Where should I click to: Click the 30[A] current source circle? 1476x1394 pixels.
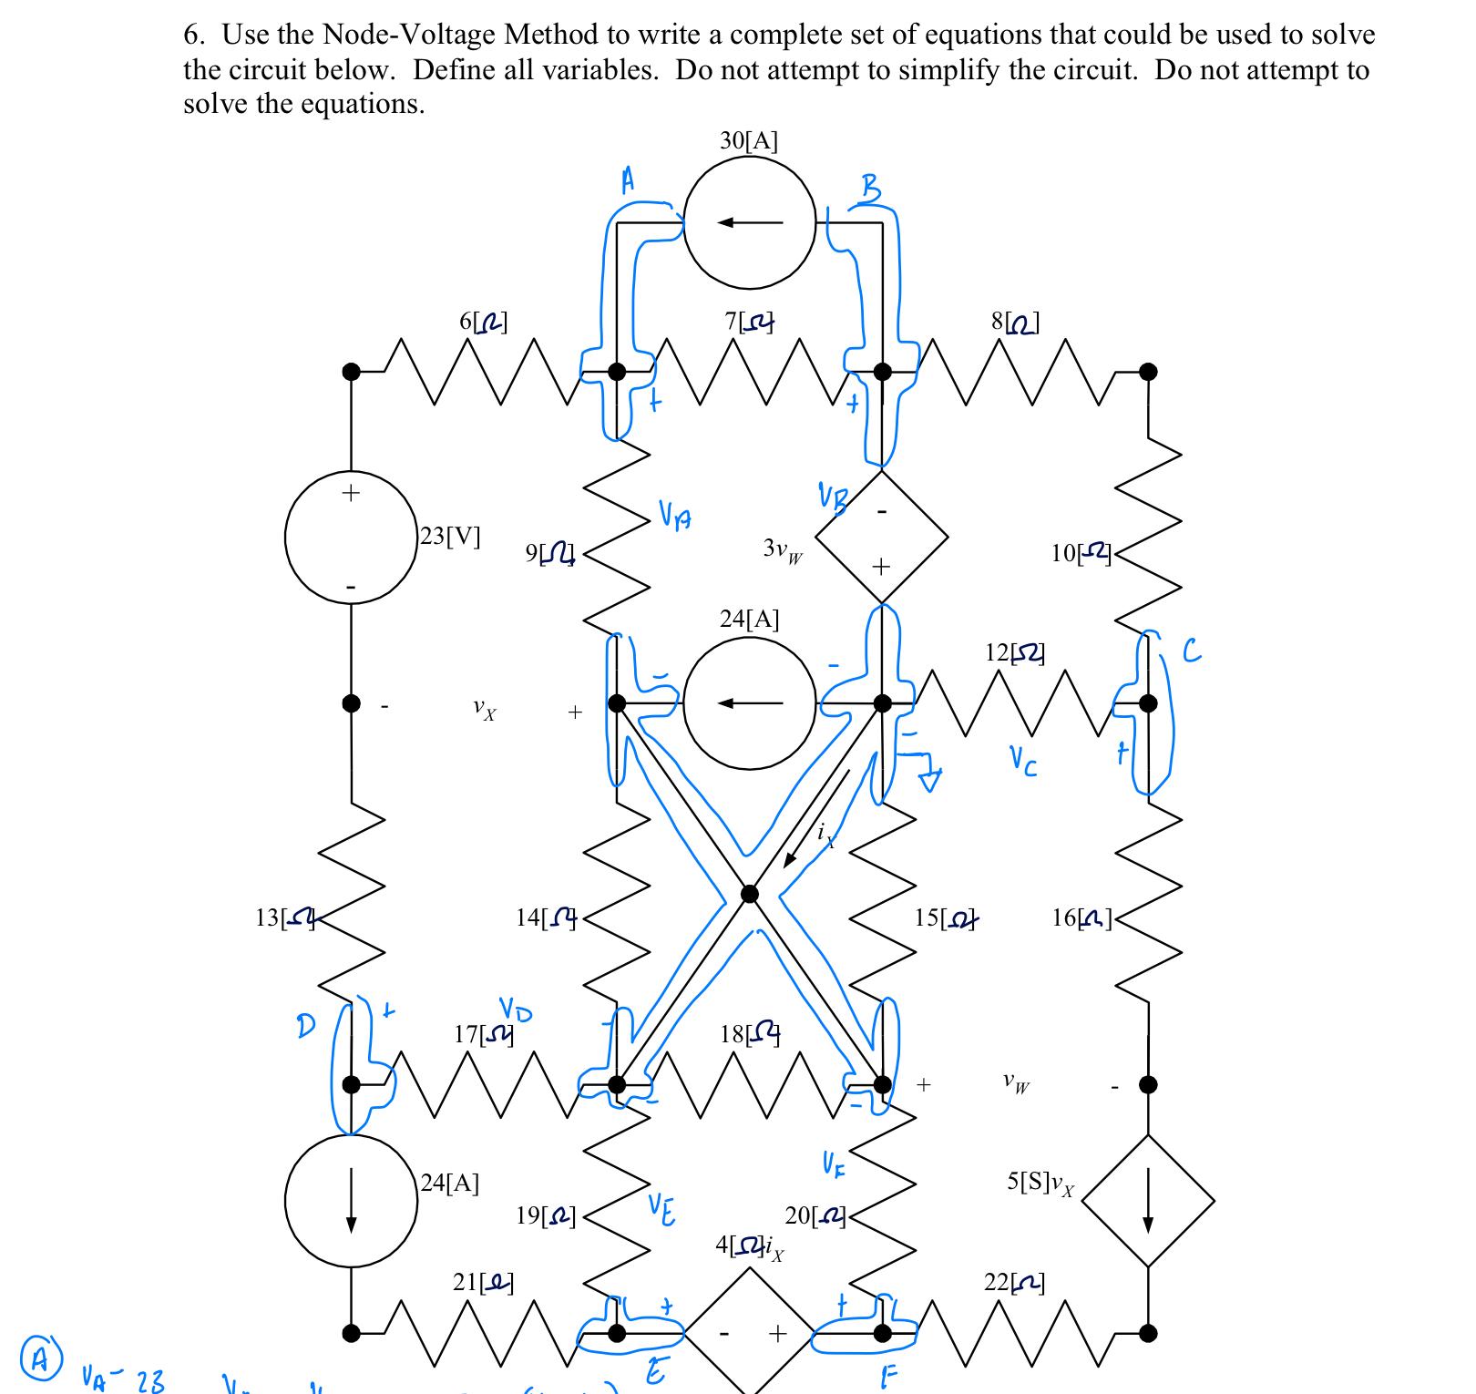tap(750, 221)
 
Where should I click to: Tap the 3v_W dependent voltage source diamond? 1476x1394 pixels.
tap(881, 536)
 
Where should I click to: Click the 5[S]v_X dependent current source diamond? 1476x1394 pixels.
tap(1148, 1200)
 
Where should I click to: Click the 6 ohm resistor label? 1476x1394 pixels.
tap(484, 322)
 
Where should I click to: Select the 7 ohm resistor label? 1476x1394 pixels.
tap(749, 322)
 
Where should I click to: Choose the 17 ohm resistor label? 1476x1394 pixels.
tap(484, 1034)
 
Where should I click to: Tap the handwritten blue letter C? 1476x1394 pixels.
tap(1192, 651)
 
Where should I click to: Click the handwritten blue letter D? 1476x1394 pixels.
tap(307, 1025)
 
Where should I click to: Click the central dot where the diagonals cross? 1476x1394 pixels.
tap(749, 894)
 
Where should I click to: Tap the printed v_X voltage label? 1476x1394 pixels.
tap(485, 710)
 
